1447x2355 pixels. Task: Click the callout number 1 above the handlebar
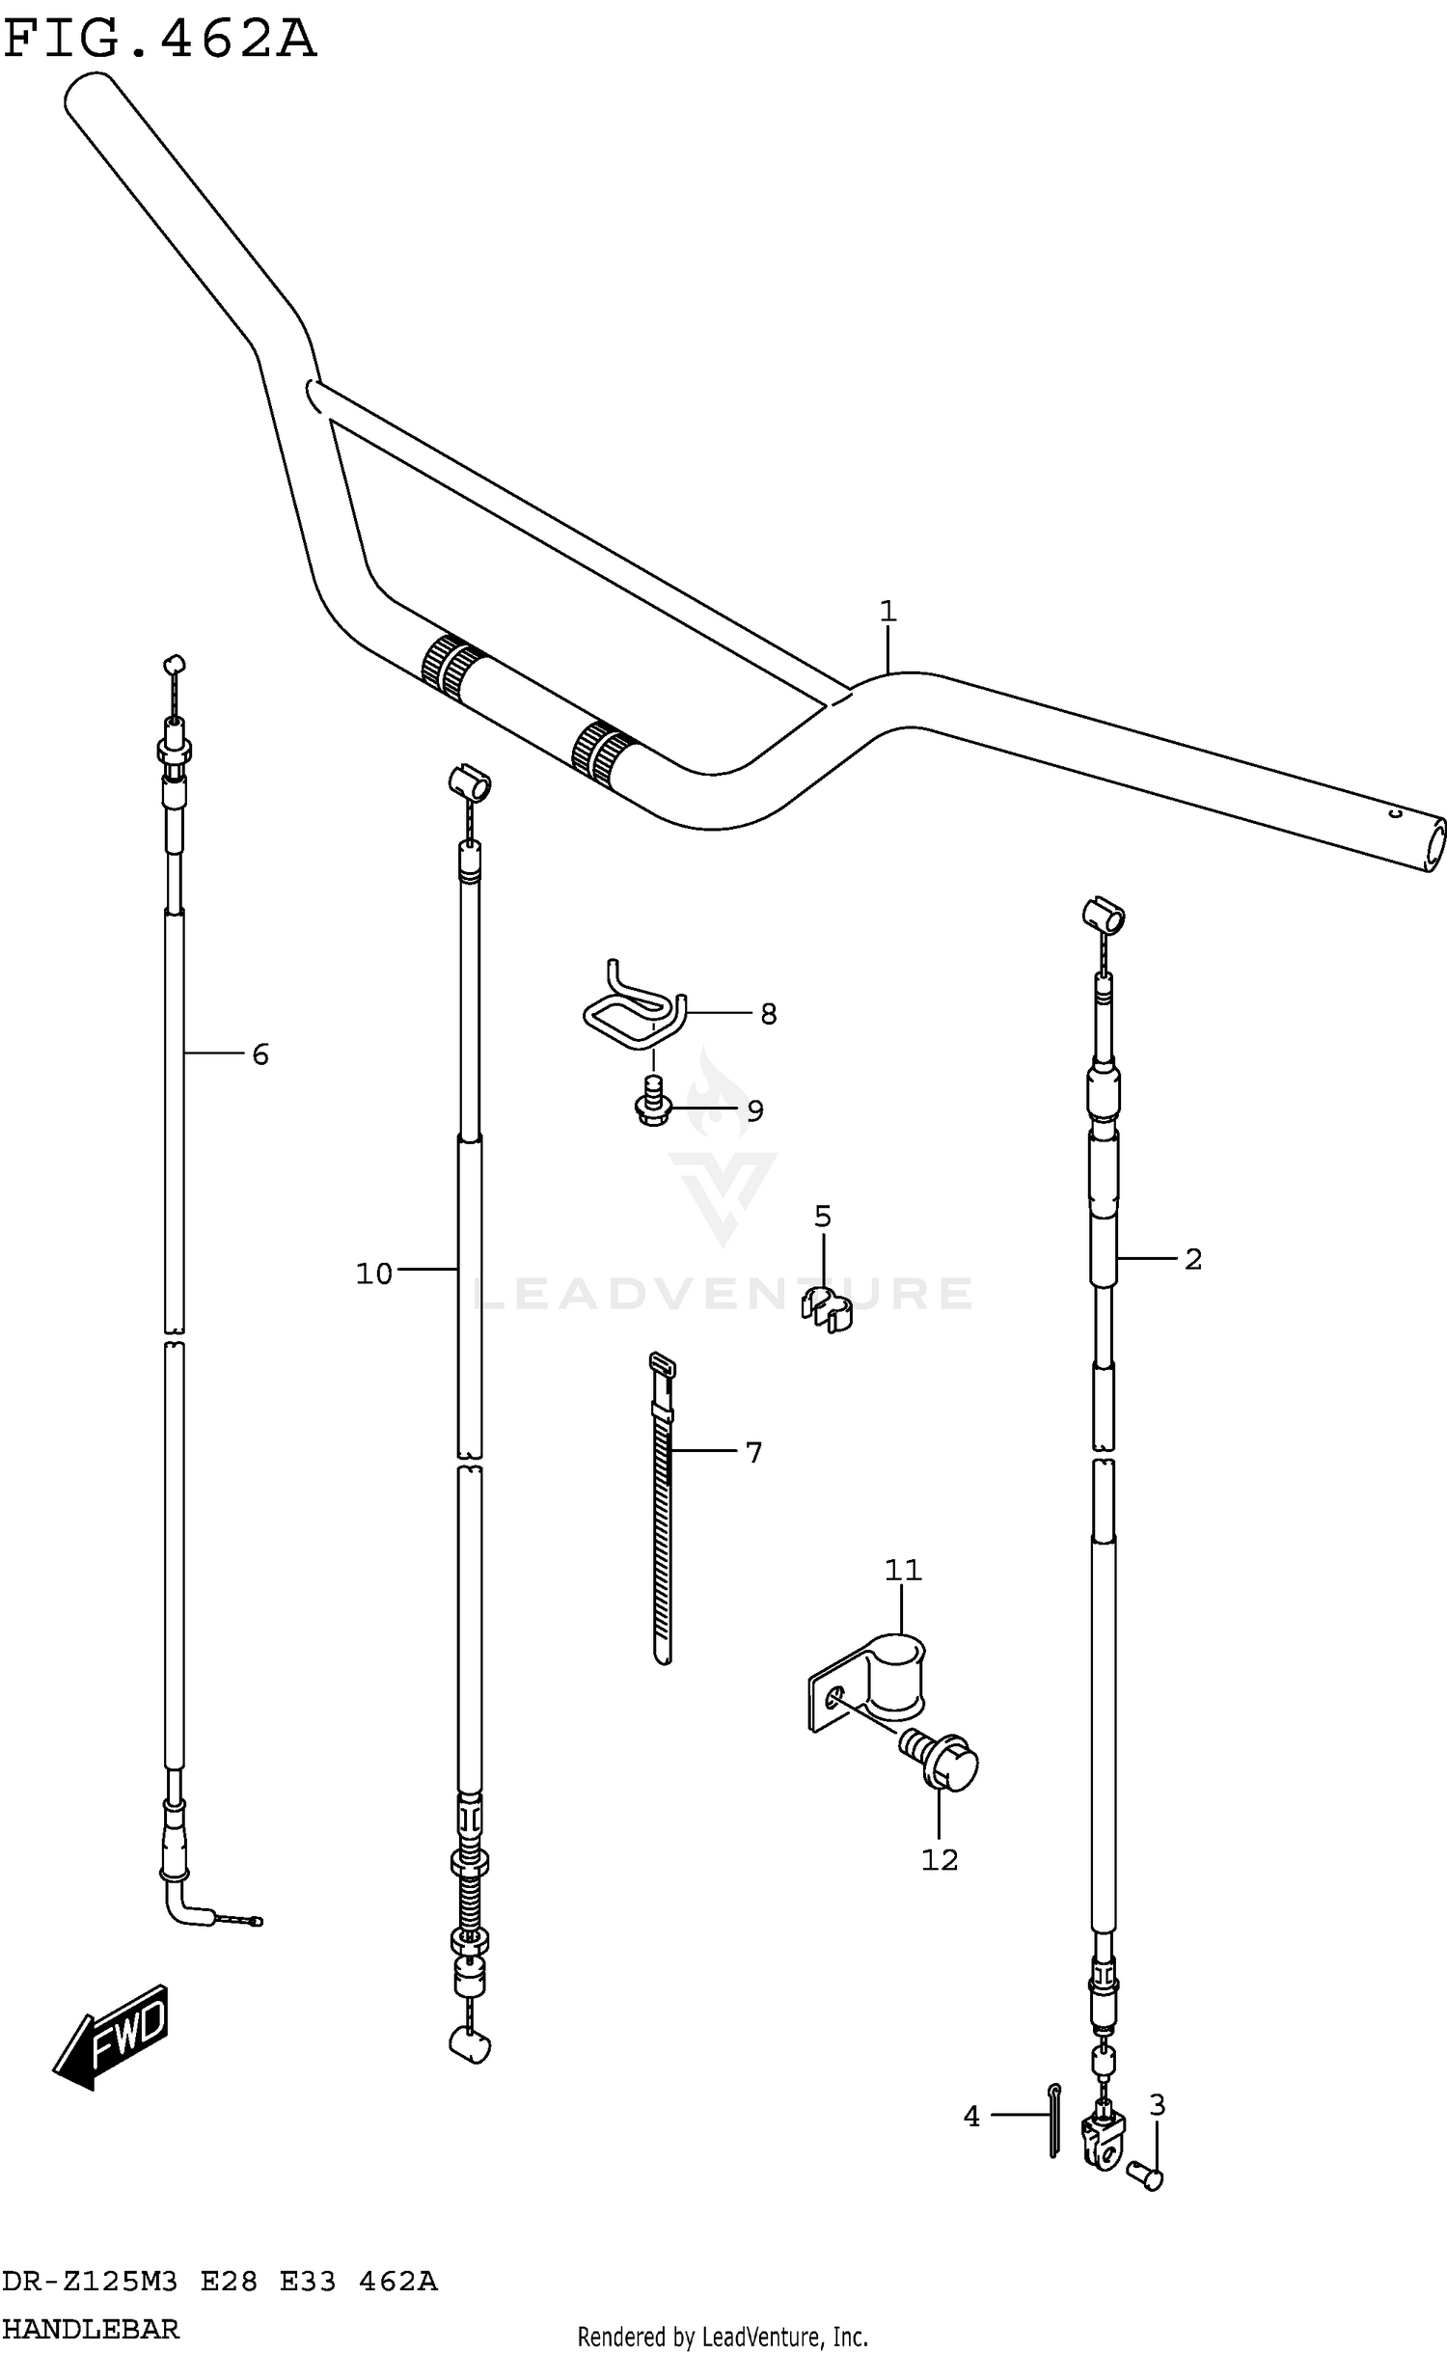pos(887,611)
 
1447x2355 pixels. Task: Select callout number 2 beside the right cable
pos(1192,1258)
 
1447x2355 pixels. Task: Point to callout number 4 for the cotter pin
pos(971,2116)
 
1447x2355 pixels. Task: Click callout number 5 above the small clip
pos(822,1217)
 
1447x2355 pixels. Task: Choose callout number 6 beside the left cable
pos(259,1054)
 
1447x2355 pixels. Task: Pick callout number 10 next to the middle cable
pos(374,1273)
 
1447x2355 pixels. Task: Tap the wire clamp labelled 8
pos(633,1013)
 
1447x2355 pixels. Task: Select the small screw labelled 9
pos(653,1103)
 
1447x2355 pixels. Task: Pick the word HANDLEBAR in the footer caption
pos(92,2329)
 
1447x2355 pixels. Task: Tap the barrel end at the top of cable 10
pos(470,780)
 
